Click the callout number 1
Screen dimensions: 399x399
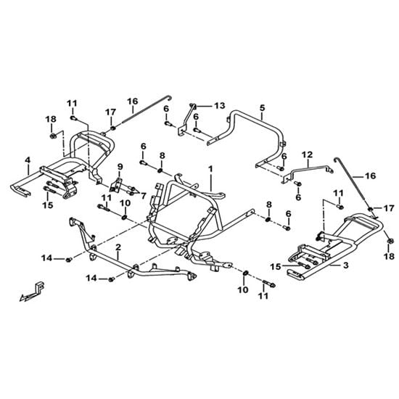(210, 169)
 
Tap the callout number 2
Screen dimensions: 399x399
(118, 247)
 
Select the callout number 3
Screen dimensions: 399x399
(345, 266)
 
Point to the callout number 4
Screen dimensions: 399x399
(28, 160)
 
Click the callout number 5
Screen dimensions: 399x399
(263, 107)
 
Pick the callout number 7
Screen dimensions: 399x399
(144, 196)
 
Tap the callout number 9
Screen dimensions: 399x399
(120, 167)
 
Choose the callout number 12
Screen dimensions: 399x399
(308, 155)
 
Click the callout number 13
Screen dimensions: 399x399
(220, 105)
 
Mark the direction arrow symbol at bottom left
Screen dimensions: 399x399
(32, 292)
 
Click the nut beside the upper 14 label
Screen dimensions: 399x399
(68, 260)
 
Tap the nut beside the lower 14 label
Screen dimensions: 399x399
(111, 279)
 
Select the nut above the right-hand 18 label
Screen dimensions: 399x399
(390, 241)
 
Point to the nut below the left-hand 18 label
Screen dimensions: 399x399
(53, 136)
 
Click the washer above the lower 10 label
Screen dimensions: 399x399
(246, 273)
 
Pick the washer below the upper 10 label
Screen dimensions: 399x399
(124, 218)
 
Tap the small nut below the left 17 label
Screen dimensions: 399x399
(112, 127)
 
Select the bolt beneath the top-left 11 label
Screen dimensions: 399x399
(73, 118)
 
